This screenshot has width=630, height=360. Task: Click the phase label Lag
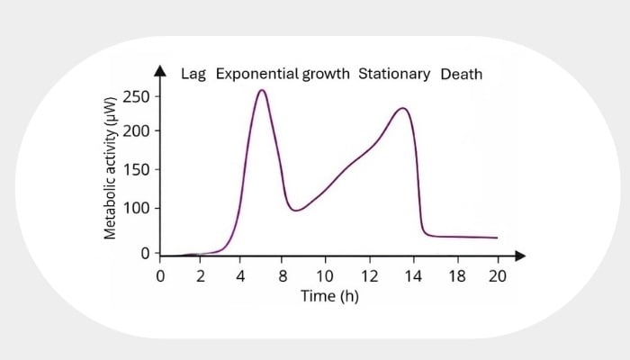pyautogui.click(x=194, y=74)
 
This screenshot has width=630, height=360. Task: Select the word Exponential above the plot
pyautogui.click(x=255, y=74)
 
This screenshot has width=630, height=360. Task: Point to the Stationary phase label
pyautogui.click(x=395, y=74)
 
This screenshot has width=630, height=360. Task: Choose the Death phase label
pyautogui.click(x=461, y=74)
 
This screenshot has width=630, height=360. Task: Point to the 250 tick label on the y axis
pyautogui.click(x=137, y=96)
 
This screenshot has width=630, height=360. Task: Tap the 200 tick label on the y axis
pyautogui.click(x=137, y=131)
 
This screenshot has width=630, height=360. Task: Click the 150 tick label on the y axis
pyautogui.click(x=137, y=170)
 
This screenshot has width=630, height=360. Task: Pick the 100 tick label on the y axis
pyautogui.click(x=137, y=209)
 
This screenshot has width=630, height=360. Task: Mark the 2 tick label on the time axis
pyautogui.click(x=202, y=275)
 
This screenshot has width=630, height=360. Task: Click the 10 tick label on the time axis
pyautogui.click(x=324, y=275)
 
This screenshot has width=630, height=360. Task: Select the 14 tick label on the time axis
pyautogui.click(x=414, y=275)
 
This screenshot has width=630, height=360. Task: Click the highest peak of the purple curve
pyautogui.click(x=261, y=90)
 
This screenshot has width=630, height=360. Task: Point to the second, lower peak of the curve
pyautogui.click(x=403, y=109)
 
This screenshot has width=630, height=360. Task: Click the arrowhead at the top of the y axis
pyautogui.click(x=160, y=70)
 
